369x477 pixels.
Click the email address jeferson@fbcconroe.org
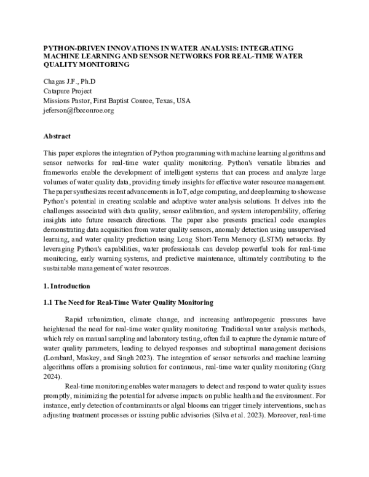(x=79, y=111)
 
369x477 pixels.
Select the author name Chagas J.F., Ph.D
(x=69, y=82)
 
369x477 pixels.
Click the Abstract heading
(x=57, y=136)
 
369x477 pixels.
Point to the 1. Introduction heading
(x=67, y=286)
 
